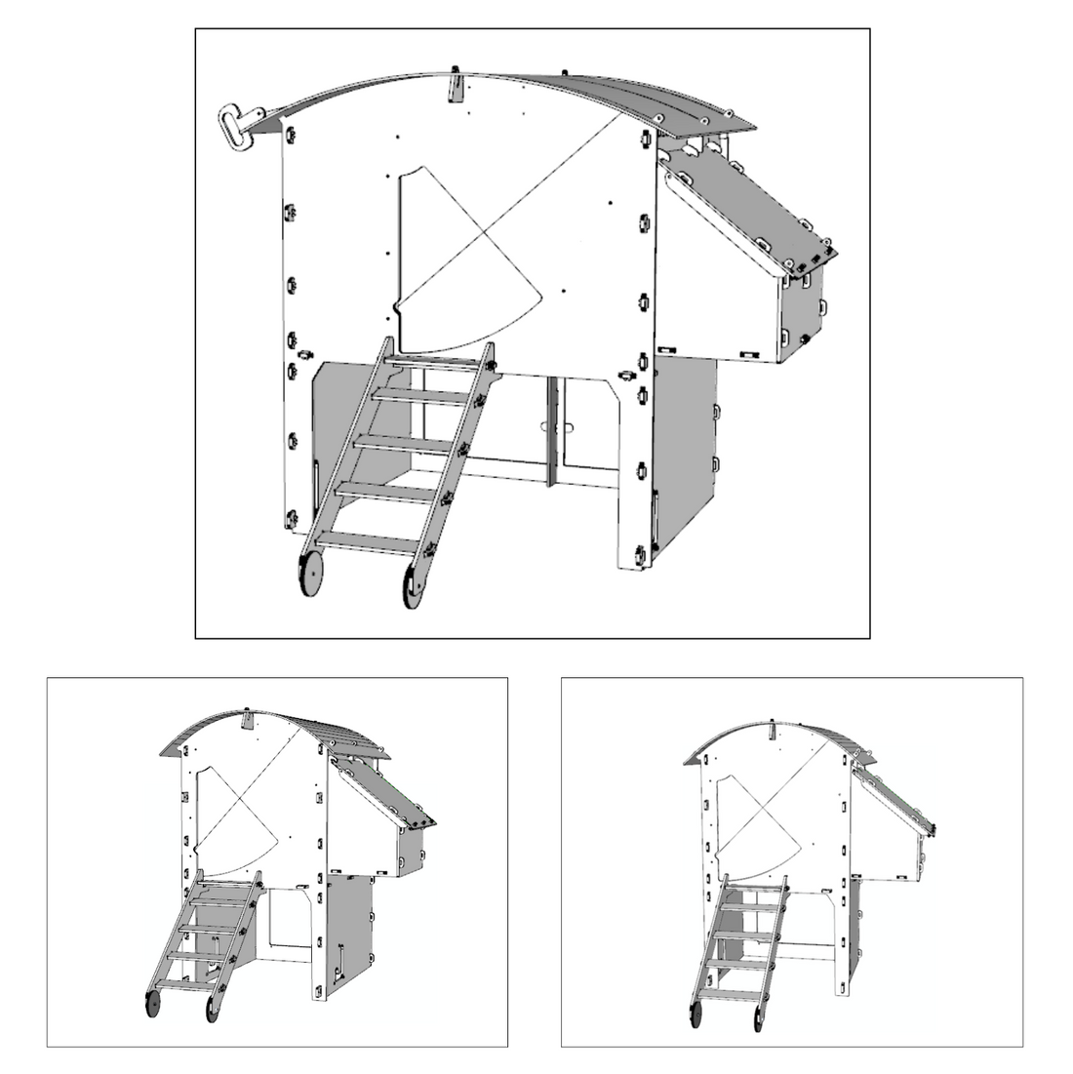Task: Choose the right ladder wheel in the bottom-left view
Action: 212,1009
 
